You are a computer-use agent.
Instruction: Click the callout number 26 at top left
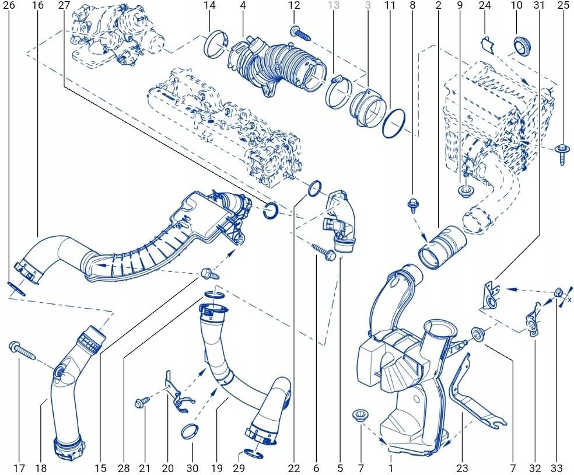tap(9, 6)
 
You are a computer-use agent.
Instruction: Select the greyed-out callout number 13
tap(334, 6)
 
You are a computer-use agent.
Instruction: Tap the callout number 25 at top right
tap(563, 6)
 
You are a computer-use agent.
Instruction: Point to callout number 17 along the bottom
tap(18, 468)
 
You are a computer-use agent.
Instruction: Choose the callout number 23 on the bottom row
tap(461, 468)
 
